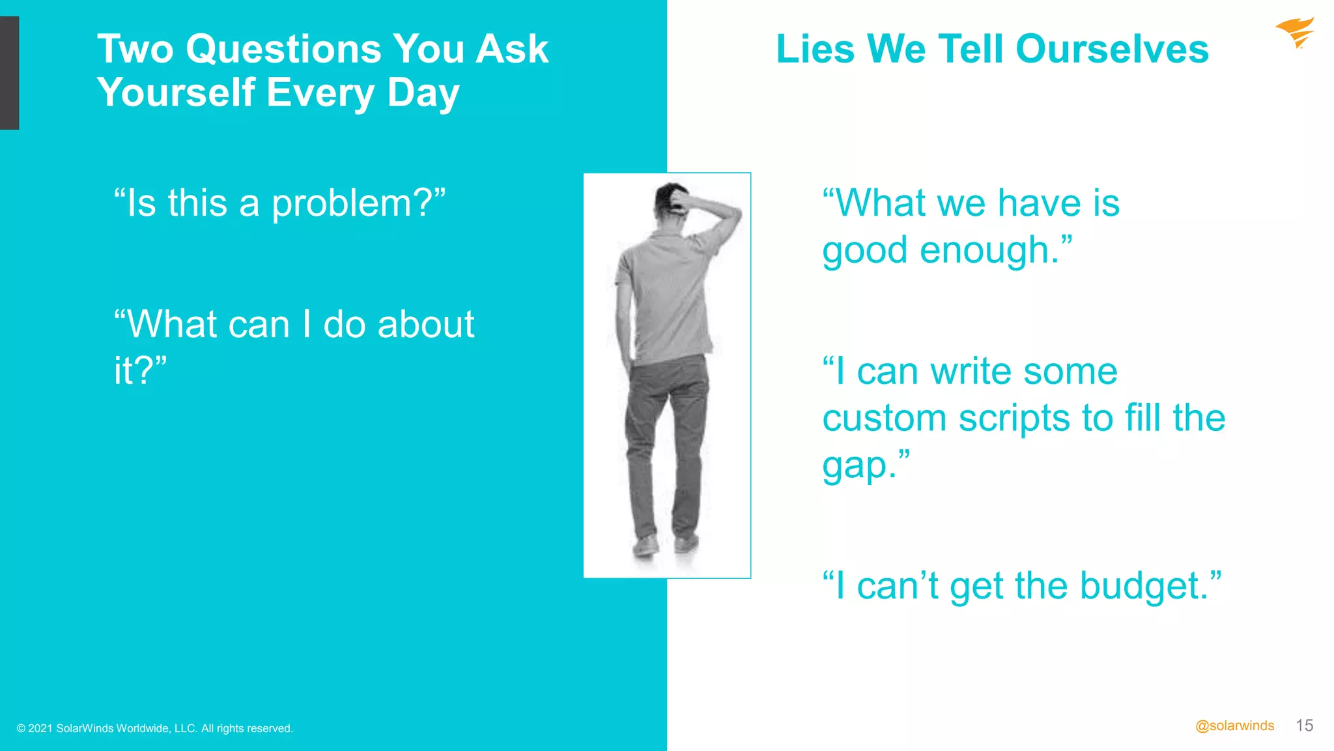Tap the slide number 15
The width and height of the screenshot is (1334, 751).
tap(1304, 726)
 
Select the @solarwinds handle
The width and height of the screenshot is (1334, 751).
tap(1234, 726)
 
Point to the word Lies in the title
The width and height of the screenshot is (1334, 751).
tap(815, 50)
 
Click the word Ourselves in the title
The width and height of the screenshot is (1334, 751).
tap(1112, 50)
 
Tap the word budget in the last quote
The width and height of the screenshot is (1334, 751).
tap(1143, 586)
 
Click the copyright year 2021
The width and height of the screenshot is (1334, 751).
tap(40, 729)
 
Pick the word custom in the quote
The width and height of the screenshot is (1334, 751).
tap(884, 419)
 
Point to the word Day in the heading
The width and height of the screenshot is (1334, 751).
tap(423, 93)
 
